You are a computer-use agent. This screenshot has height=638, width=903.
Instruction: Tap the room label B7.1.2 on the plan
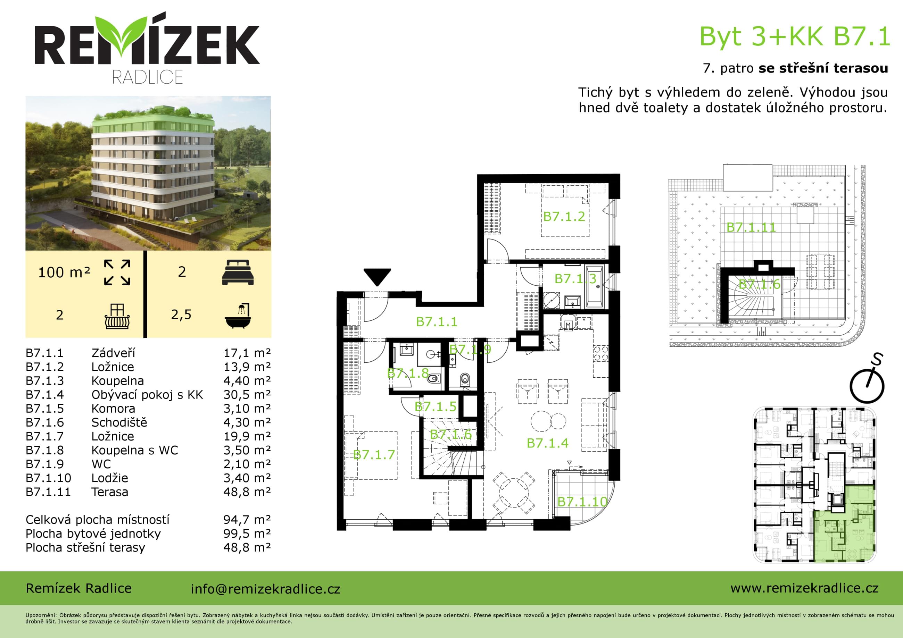pyautogui.click(x=564, y=216)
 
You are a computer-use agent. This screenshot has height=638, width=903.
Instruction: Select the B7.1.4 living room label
pyautogui.click(x=547, y=443)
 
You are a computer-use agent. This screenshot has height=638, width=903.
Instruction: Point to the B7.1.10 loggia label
pyautogui.click(x=582, y=502)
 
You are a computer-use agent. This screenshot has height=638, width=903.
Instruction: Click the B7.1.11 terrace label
pyautogui.click(x=751, y=227)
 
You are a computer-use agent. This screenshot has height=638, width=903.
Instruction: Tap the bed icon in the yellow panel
pyautogui.click(x=238, y=272)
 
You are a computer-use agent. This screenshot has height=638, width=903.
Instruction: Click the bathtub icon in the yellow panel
pyautogui.click(x=238, y=315)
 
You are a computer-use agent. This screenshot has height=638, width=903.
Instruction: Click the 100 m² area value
pyautogui.click(x=64, y=272)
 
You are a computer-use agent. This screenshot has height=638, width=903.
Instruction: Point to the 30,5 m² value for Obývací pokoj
pyautogui.click(x=247, y=395)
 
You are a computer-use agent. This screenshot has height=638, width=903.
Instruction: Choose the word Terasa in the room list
pyautogui.click(x=110, y=492)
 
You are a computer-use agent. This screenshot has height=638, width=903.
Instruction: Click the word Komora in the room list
pyautogui.click(x=113, y=409)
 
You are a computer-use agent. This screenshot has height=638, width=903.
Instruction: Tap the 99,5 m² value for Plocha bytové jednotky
pyautogui.click(x=247, y=534)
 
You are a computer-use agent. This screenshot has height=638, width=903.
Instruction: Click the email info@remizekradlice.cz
pyautogui.click(x=265, y=589)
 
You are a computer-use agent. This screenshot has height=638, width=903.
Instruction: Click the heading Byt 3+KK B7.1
pyautogui.click(x=794, y=36)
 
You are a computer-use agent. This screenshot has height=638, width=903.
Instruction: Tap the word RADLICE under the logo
pyautogui.click(x=148, y=77)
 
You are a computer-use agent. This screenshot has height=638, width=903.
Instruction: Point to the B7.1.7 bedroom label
pyautogui.click(x=374, y=454)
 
